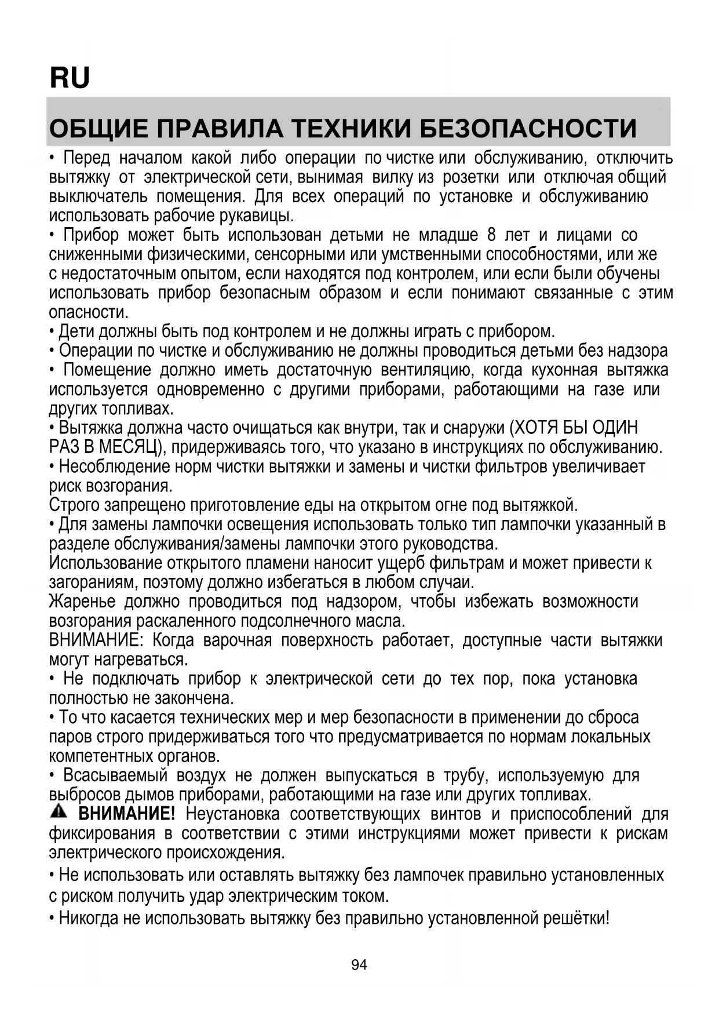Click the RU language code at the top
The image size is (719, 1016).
(70, 78)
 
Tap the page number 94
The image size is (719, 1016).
(359, 964)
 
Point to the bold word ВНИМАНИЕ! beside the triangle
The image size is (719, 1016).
(126, 814)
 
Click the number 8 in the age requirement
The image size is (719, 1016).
(492, 235)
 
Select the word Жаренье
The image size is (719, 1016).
(82, 602)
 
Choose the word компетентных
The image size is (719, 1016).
(101, 756)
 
